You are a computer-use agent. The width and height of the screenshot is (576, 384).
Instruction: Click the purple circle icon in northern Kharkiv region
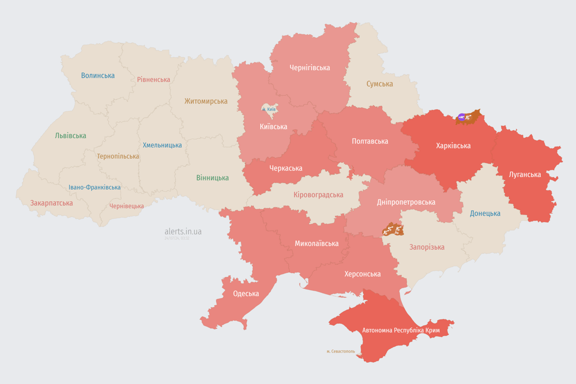pyautogui.click(x=461, y=117)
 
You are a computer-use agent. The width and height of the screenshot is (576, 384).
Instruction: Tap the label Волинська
pyautogui.click(x=98, y=75)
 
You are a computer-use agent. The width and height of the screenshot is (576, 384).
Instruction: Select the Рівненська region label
pyautogui.click(x=153, y=79)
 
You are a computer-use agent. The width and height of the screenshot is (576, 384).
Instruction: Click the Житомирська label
pyautogui.click(x=205, y=101)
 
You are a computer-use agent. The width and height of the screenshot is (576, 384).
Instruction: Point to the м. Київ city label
pyautogui.click(x=269, y=109)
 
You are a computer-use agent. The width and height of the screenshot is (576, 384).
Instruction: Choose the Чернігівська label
pyautogui.click(x=309, y=67)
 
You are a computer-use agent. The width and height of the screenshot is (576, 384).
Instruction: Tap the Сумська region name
pyautogui.click(x=379, y=84)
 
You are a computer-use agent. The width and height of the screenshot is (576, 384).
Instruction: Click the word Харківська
pyautogui.click(x=453, y=146)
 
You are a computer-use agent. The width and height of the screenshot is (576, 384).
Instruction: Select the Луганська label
pyautogui.click(x=525, y=174)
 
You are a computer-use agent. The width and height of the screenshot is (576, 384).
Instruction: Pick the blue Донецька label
pyautogui.click(x=485, y=213)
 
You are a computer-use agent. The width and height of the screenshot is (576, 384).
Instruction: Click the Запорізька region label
pyautogui.click(x=427, y=247)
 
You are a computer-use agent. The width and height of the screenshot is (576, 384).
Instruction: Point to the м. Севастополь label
pyautogui.click(x=340, y=351)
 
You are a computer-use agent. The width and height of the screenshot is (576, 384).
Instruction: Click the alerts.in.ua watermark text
pyautogui.click(x=183, y=231)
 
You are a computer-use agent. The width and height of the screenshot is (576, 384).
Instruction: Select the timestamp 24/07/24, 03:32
pyautogui.click(x=176, y=238)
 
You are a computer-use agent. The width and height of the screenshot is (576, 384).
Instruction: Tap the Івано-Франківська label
pyautogui.click(x=94, y=187)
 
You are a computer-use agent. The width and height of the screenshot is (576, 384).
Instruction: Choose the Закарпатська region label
pyautogui.click(x=51, y=203)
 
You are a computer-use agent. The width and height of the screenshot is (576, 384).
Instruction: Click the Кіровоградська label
pyautogui.click(x=318, y=194)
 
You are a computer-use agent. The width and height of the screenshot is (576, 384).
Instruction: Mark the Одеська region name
pyautogui.click(x=246, y=293)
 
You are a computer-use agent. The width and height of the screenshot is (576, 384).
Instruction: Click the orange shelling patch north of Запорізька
pyautogui.click(x=392, y=230)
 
